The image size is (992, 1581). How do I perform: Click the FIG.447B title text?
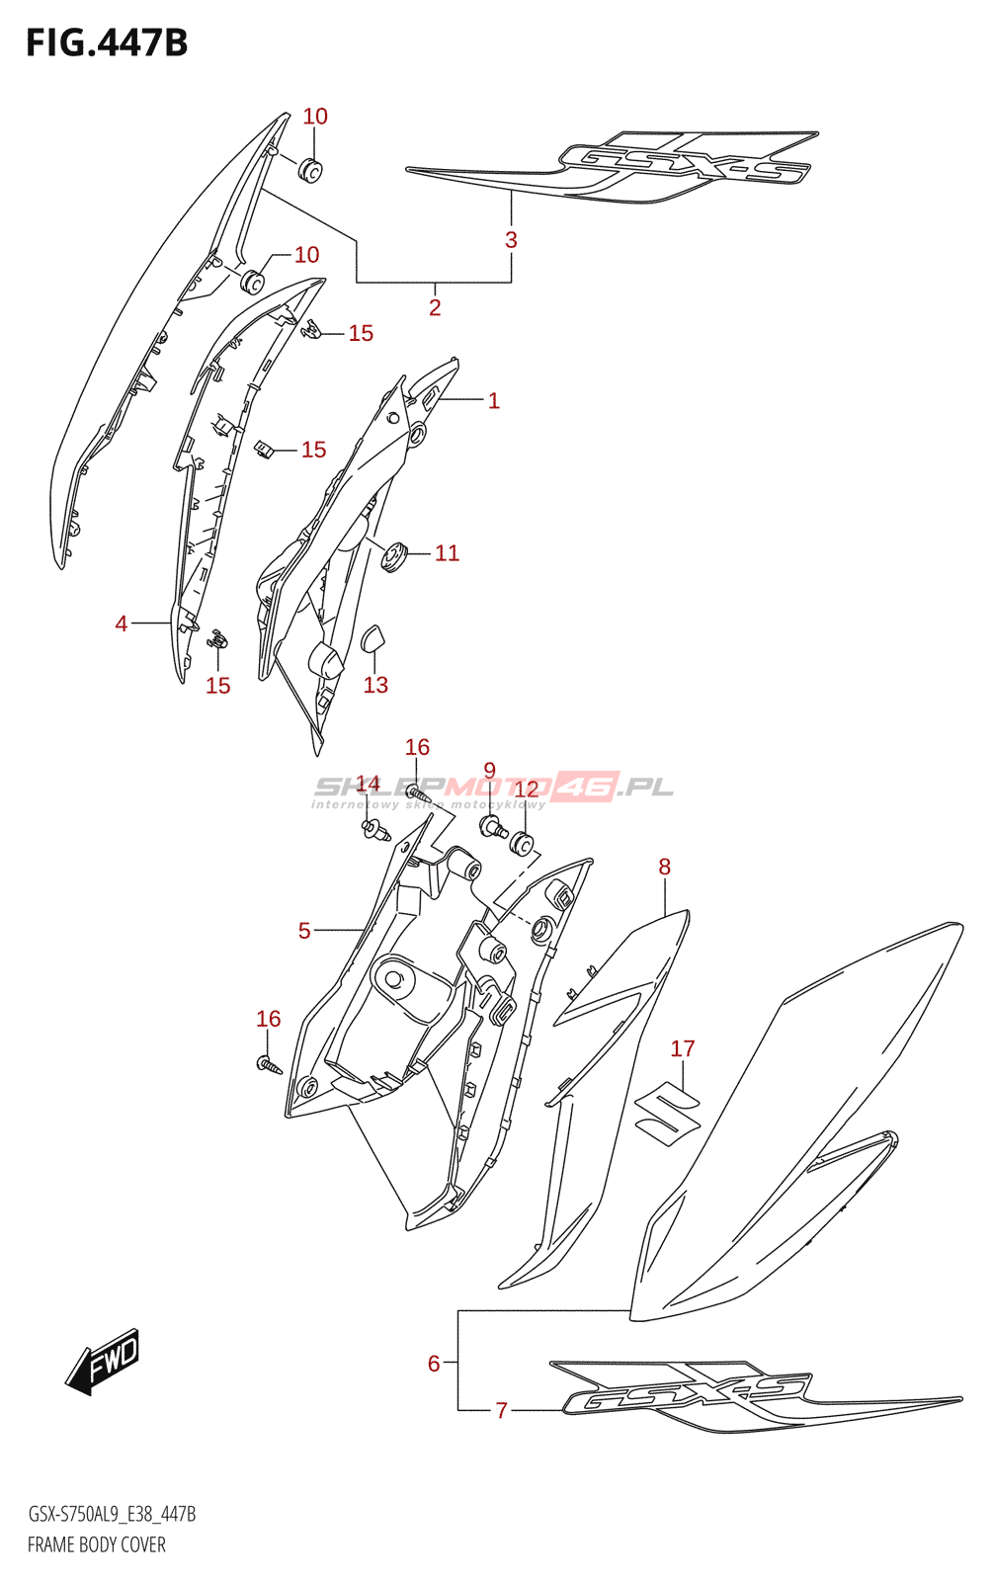pyautogui.click(x=107, y=43)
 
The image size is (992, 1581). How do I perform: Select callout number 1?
pyautogui.click(x=494, y=400)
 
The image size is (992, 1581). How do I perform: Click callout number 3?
pyautogui.click(x=511, y=239)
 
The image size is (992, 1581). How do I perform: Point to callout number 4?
pyautogui.click(x=122, y=624)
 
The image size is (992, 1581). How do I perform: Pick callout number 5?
pyautogui.click(x=304, y=930)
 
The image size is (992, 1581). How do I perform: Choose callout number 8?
pyautogui.click(x=664, y=867)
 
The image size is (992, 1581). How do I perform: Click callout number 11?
pyautogui.click(x=447, y=552)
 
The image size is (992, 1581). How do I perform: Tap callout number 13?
pyautogui.click(x=375, y=685)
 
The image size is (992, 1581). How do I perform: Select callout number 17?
pyautogui.click(x=683, y=1048)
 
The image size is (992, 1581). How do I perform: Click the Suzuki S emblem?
pyautogui.click(x=667, y=1110)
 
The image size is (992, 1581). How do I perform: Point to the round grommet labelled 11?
pyautogui.click(x=395, y=557)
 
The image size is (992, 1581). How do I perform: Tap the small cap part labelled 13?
pyautogui.click(x=374, y=638)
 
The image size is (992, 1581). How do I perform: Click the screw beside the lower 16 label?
pyautogui.click(x=269, y=1064)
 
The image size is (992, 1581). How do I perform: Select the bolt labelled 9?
pyautogui.click(x=493, y=826)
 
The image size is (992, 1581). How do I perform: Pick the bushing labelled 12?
pyautogui.click(x=522, y=845)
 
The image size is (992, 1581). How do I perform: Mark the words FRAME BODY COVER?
pyautogui.click(x=97, y=1544)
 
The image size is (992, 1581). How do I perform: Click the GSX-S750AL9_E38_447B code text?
pyautogui.click(x=112, y=1514)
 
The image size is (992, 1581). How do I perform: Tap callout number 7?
pyautogui.click(x=501, y=1410)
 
